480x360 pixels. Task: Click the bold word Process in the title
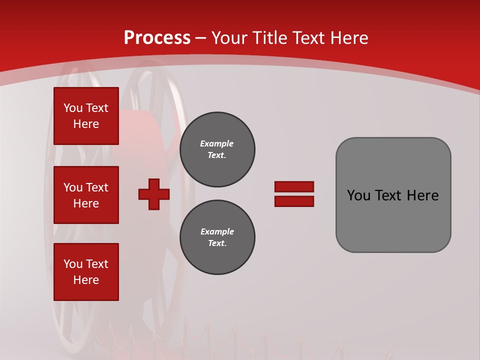point(157,38)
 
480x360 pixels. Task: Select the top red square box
point(86,116)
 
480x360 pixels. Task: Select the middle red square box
point(86,195)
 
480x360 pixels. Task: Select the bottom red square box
point(86,272)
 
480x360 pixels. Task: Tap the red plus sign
point(154,194)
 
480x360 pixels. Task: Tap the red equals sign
point(294,194)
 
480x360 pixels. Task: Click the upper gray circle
point(217,149)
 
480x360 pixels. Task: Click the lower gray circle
point(217,237)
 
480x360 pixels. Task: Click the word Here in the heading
point(348,38)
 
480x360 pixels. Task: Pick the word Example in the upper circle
point(217,143)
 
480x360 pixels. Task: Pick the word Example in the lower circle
point(217,231)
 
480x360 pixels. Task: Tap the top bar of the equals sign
point(294,186)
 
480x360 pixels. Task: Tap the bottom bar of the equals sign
point(294,201)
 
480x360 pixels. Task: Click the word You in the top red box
point(72,108)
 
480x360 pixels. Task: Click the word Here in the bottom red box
point(86,280)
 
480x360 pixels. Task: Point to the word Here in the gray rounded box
point(422,195)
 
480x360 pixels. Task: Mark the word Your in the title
point(229,38)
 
